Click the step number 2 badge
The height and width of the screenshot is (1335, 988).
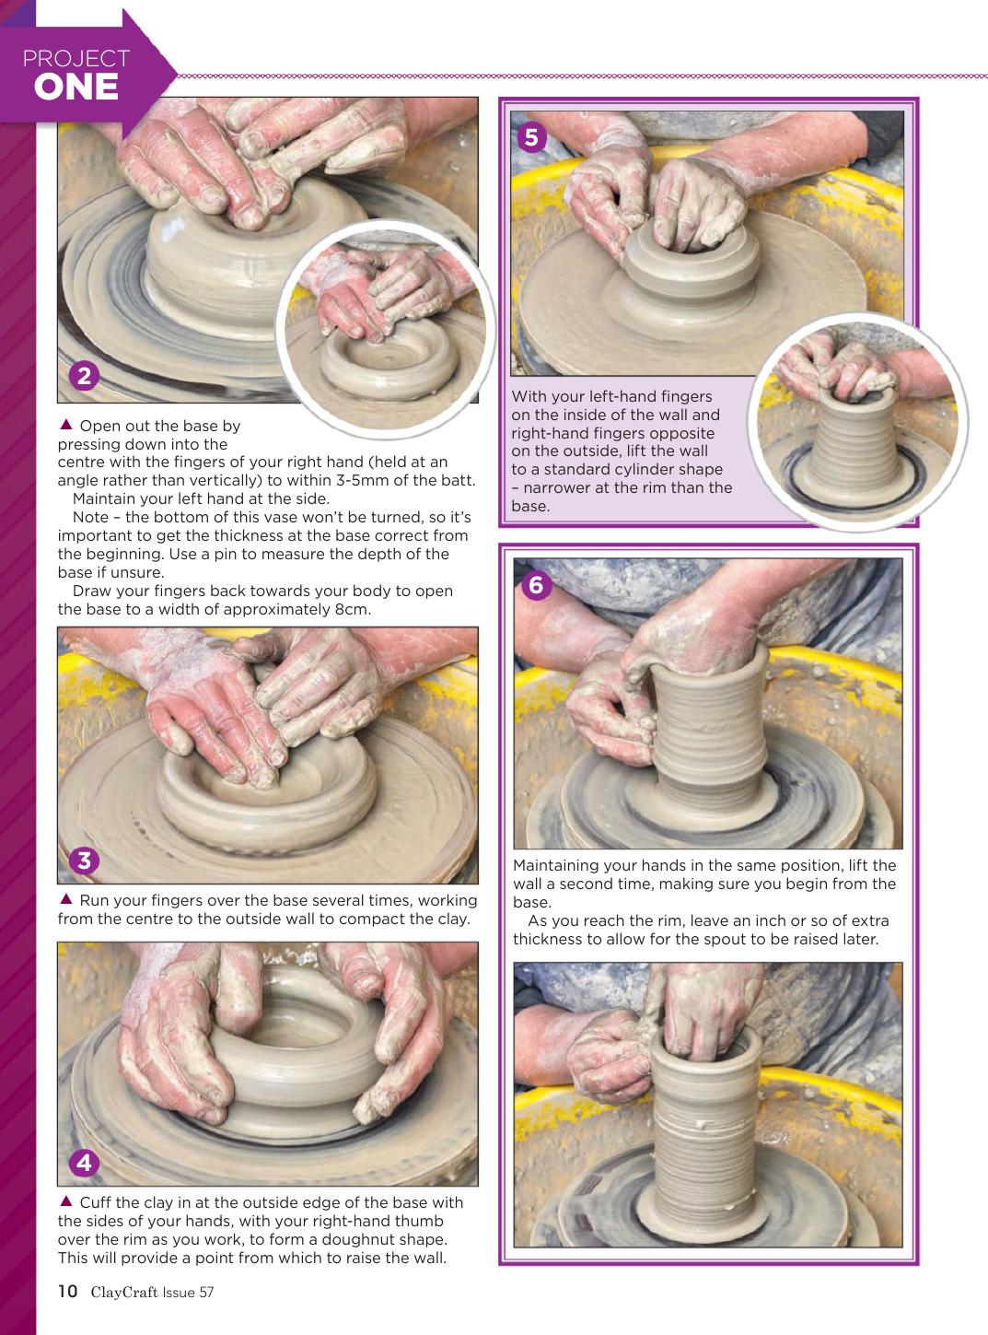(84, 376)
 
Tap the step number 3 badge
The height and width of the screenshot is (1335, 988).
(84, 861)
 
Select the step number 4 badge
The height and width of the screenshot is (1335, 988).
(84, 1163)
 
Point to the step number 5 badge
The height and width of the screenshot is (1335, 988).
(531, 137)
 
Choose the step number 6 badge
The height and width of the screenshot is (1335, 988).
(536, 585)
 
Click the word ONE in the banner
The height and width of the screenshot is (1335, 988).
(76, 88)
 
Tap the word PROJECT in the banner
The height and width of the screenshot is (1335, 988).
(76, 58)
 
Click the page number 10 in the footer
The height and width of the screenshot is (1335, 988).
(68, 1291)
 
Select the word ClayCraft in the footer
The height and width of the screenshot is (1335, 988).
(124, 1292)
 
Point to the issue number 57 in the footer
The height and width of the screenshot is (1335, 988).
(206, 1293)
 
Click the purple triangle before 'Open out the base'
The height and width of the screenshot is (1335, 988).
(66, 425)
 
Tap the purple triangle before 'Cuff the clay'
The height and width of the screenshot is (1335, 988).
(66, 1200)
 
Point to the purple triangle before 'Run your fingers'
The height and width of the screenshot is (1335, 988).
(66, 898)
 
